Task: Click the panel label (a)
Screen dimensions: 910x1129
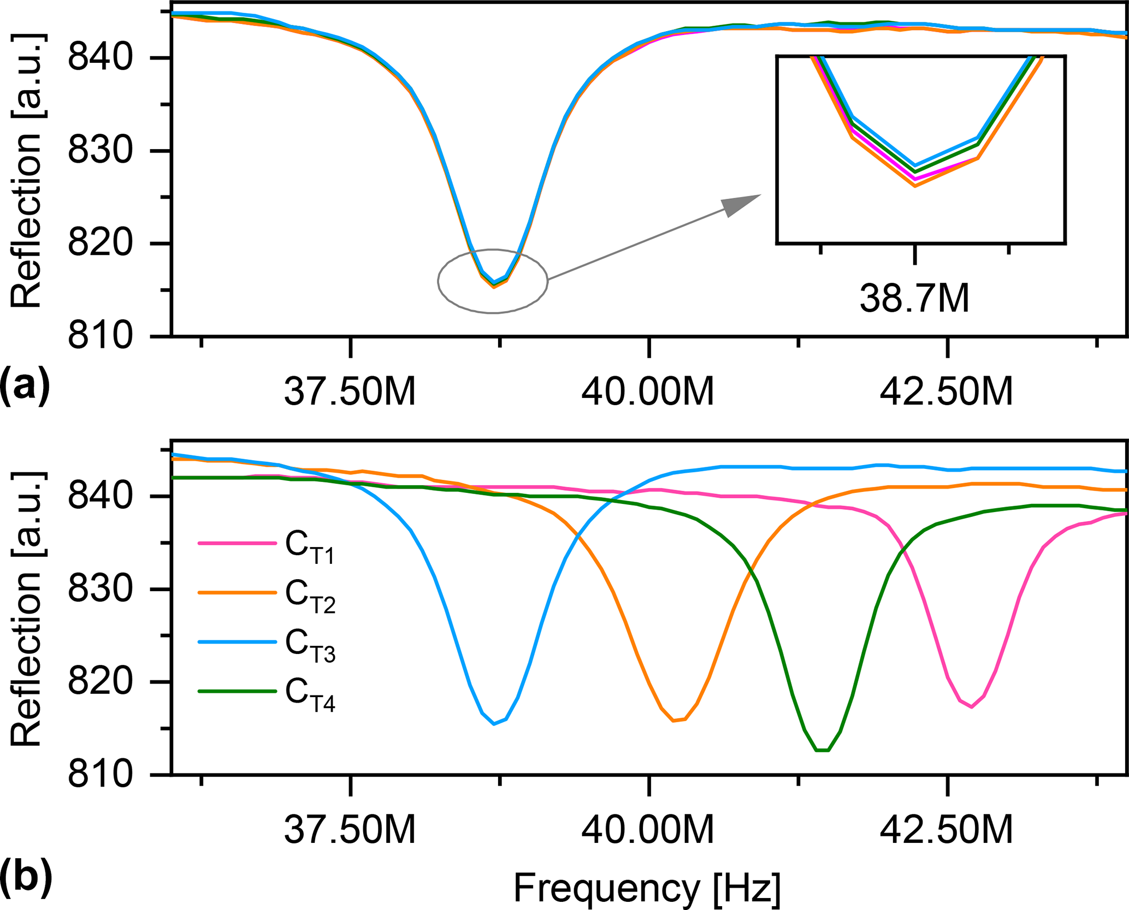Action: point(25,385)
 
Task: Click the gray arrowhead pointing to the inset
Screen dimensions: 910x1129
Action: point(740,205)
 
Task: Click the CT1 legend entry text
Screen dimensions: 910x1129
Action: point(310,546)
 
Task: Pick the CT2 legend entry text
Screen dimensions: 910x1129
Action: point(310,596)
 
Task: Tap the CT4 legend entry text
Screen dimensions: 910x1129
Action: point(310,694)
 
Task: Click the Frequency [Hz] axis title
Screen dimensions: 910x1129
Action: point(647,887)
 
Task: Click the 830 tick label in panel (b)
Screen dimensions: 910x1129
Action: point(100,590)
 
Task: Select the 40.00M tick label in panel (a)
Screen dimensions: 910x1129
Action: point(648,391)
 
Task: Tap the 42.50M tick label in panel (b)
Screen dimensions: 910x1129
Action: point(946,830)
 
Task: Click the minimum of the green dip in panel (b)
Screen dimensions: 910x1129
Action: point(823,751)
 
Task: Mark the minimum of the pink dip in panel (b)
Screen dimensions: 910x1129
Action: point(972,707)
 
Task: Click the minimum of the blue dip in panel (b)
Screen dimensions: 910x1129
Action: point(494,724)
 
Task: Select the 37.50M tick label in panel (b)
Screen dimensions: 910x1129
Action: point(350,830)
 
